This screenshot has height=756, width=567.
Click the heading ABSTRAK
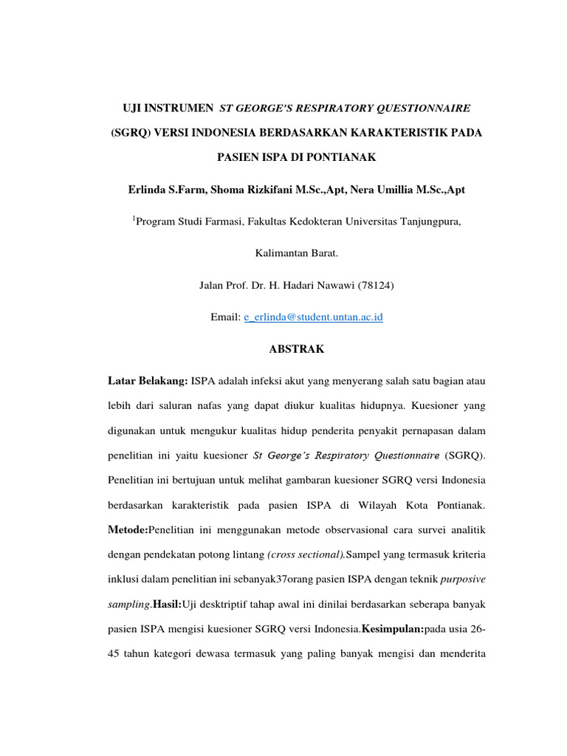[296, 349]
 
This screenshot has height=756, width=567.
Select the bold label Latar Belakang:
[148, 381]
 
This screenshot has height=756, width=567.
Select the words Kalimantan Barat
[296, 253]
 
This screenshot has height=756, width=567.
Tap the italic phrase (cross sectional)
[299, 554]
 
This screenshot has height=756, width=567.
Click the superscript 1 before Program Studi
[135, 217]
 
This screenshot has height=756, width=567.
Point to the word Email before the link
[225, 317]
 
